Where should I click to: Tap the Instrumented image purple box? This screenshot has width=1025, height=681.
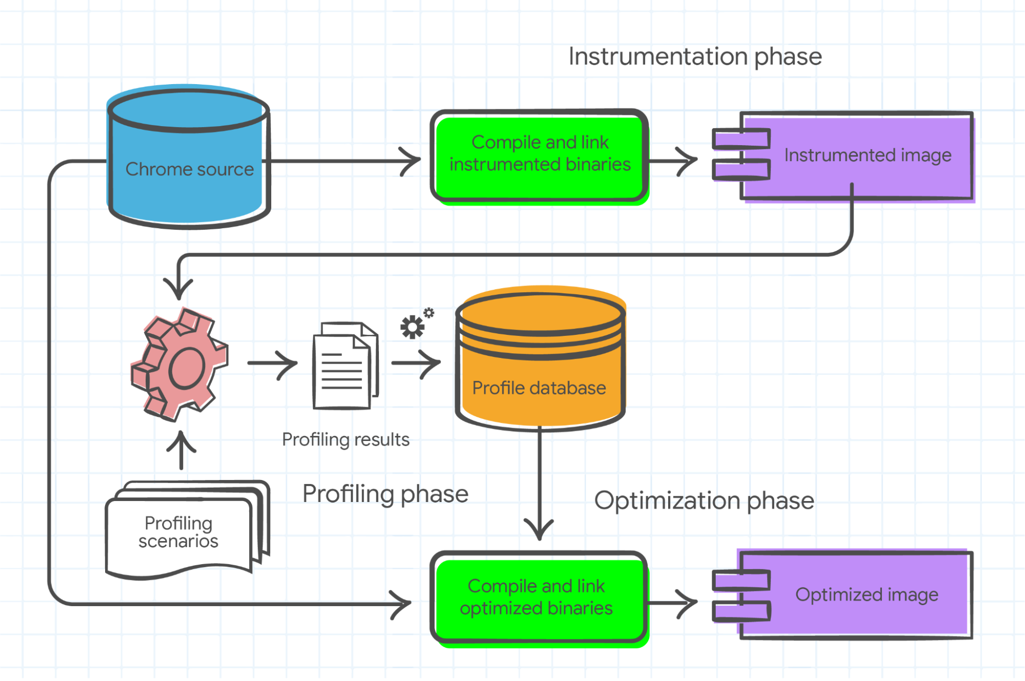pos(856,155)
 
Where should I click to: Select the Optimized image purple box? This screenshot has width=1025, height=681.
pos(854,595)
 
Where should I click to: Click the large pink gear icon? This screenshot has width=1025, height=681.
pos(179,364)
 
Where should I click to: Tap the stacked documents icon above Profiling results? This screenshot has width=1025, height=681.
pos(345,365)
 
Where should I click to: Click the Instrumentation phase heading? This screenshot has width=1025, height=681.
pos(695,56)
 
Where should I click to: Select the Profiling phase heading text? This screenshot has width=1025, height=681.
pos(385,494)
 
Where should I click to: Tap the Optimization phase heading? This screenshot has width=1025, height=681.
pos(704,500)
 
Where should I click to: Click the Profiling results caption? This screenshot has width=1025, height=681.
pos(346,439)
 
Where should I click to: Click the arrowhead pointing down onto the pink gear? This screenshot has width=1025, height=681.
pos(178,290)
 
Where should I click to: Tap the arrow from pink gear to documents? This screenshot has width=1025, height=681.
pos(273,363)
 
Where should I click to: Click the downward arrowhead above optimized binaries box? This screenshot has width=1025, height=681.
pos(539,528)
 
